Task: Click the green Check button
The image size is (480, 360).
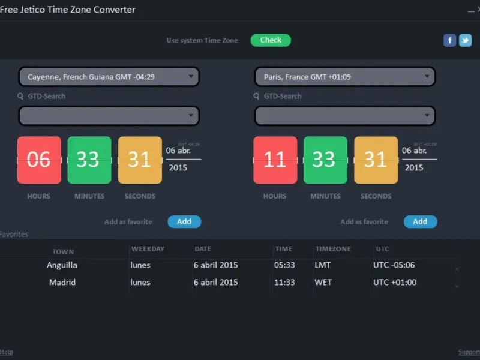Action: pyautogui.click(x=271, y=40)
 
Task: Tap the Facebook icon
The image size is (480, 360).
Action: pyautogui.click(x=449, y=40)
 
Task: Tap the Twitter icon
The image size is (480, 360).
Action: pyautogui.click(x=465, y=40)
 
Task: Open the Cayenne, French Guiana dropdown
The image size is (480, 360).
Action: pyautogui.click(x=109, y=77)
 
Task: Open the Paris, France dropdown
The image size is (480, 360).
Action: pyautogui.click(x=345, y=77)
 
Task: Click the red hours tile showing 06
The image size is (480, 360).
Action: pyautogui.click(x=39, y=160)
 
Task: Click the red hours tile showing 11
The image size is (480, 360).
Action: pyautogui.click(x=275, y=160)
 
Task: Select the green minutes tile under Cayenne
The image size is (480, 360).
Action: pyautogui.click(x=89, y=160)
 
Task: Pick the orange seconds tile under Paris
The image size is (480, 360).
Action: pyautogui.click(x=376, y=160)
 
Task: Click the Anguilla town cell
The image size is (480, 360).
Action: pyautogui.click(x=62, y=265)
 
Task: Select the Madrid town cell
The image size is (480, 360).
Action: pyautogui.click(x=62, y=283)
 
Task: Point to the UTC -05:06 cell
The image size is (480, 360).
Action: pyautogui.click(x=394, y=265)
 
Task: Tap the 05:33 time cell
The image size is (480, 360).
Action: pyautogui.click(x=284, y=265)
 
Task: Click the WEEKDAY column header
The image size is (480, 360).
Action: pyautogui.click(x=148, y=249)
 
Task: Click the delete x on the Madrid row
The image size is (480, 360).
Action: pyautogui.click(x=457, y=287)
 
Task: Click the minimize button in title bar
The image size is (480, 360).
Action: pyautogui.click(x=470, y=10)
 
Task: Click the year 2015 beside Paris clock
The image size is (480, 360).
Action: pyautogui.click(x=414, y=168)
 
